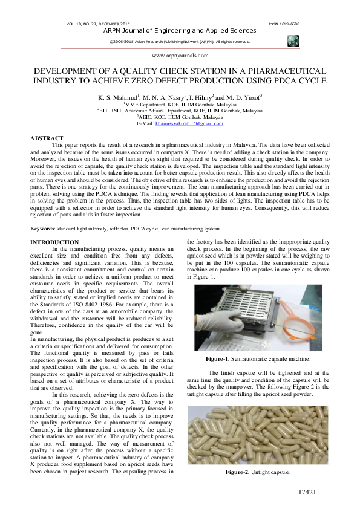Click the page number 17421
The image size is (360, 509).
(308, 493)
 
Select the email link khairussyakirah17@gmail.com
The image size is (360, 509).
(189, 123)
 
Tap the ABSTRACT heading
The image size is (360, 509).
(47, 138)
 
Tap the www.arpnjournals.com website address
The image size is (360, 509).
(180, 55)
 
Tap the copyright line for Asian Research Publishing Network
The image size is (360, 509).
(180, 41)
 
